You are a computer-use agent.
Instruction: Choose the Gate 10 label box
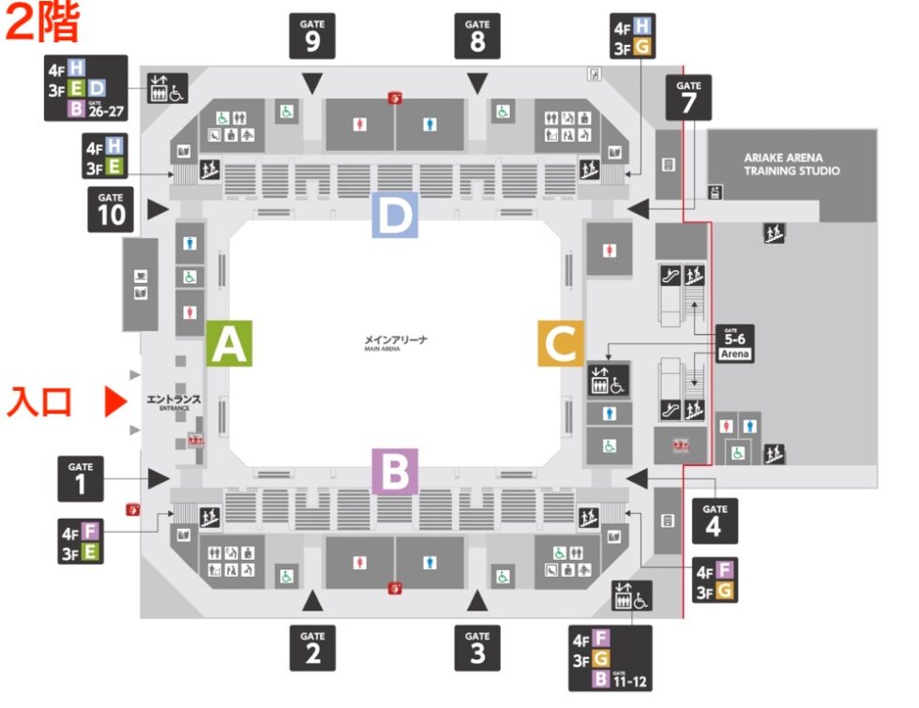point(111,210)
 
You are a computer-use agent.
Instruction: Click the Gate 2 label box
point(312,647)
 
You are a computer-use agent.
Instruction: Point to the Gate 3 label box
point(477,647)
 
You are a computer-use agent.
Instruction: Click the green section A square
point(229,343)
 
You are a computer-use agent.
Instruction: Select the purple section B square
point(395,472)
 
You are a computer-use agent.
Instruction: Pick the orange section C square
point(561,343)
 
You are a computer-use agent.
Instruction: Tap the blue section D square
point(395,215)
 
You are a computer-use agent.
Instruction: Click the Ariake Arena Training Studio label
point(791,165)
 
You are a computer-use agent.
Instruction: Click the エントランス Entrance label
point(173,401)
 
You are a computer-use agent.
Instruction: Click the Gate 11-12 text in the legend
point(631,678)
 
